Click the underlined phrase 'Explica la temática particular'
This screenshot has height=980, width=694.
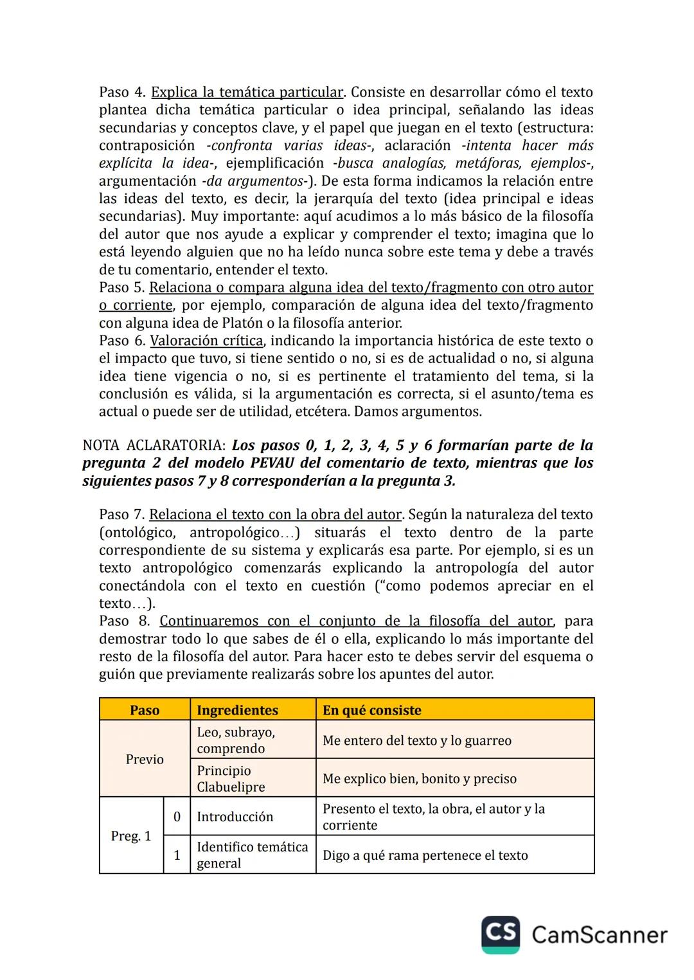tap(247, 93)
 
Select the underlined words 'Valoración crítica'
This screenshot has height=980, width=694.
tap(206, 341)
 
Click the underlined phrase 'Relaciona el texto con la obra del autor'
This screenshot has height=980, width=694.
tap(276, 515)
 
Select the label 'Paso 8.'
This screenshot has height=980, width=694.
tap(125, 621)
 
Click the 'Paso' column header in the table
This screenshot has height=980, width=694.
tap(145, 710)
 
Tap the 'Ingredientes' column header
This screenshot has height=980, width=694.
tap(237, 710)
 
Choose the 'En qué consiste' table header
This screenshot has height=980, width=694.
tap(371, 710)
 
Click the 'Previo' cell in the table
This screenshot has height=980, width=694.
tap(145, 760)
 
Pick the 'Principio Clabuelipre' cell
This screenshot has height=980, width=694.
tap(231, 779)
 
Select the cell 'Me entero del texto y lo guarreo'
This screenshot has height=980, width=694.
tap(417, 741)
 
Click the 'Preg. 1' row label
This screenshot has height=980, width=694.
tap(131, 836)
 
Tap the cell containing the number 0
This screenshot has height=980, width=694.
tap(177, 817)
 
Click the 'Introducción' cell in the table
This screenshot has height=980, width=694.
tap(235, 817)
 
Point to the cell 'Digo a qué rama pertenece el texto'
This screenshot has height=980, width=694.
tap(425, 855)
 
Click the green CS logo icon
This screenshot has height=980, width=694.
tap(501, 934)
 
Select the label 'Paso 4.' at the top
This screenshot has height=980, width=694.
tap(122, 93)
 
